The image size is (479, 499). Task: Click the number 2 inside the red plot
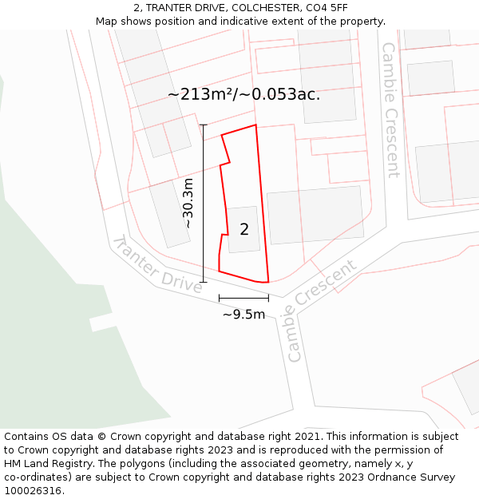[244, 230]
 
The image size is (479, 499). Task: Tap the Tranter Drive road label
[156, 265]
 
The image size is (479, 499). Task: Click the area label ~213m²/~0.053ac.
[243, 94]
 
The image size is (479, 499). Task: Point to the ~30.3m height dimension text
[188, 204]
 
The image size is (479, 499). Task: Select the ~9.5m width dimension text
[243, 315]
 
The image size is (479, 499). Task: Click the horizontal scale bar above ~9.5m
[243, 299]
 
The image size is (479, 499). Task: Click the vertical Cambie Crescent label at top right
[390, 110]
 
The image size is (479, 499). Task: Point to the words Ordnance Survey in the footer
[418, 477]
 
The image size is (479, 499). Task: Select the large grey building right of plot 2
[315, 215]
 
